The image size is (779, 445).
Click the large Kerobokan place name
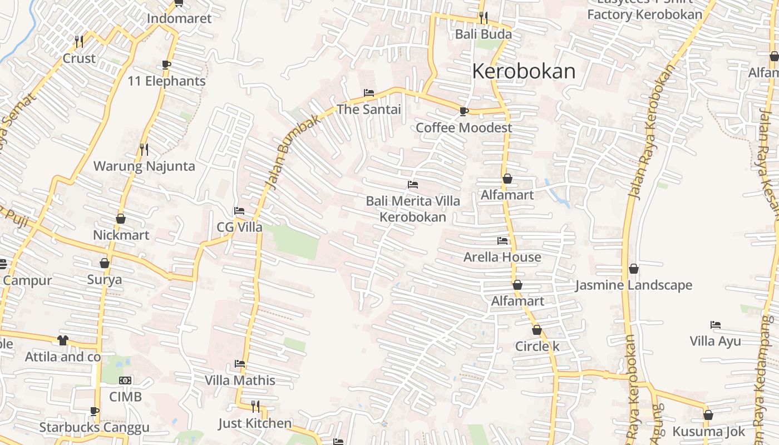524,71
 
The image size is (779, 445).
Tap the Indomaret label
179,18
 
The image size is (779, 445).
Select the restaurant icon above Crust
79,41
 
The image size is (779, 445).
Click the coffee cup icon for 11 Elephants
166,65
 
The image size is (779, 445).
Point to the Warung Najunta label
144,166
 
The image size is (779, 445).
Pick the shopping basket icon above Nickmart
121,219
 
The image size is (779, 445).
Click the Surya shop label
105,279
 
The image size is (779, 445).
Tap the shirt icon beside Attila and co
62,340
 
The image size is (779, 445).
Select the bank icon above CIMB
125,380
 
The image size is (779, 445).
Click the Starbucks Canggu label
94,427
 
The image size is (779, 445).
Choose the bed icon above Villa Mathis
240,364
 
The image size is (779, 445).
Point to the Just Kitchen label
255,423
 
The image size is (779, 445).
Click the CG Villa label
239,227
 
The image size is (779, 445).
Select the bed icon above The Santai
368,92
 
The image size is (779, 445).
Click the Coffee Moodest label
464,127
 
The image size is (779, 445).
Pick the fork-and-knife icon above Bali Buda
483,18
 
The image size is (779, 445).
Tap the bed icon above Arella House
502,241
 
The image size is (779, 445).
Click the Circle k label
537,346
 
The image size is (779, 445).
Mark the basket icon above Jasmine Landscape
633,269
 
